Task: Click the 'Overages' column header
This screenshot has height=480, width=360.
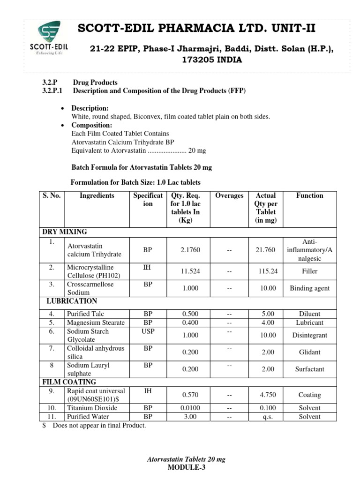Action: pyautogui.click(x=229, y=195)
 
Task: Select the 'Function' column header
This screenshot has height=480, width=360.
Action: pyautogui.click(x=309, y=195)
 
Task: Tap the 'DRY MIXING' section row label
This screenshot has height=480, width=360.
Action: pyautogui.click(x=65, y=232)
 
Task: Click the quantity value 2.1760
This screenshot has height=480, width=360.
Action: pyautogui.click(x=190, y=250)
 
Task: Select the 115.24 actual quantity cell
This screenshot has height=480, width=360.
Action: pyautogui.click(x=268, y=271)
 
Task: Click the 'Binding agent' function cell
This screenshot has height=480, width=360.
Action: pyautogui.click(x=309, y=288)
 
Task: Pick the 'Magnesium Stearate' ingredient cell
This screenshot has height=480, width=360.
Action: pyautogui.click(x=96, y=322)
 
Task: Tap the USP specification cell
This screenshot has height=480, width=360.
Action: pyautogui.click(x=148, y=331)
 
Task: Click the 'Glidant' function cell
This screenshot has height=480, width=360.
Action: pyautogui.click(x=309, y=352)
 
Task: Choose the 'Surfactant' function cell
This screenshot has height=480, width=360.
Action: pyautogui.click(x=309, y=369)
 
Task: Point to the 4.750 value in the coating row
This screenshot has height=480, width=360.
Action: pyautogui.click(x=268, y=395)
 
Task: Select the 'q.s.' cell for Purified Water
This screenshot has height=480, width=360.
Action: pyautogui.click(x=268, y=417)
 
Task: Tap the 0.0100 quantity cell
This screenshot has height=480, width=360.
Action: pyautogui.click(x=190, y=408)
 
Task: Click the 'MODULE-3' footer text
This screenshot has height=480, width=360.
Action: pyautogui.click(x=187, y=467)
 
